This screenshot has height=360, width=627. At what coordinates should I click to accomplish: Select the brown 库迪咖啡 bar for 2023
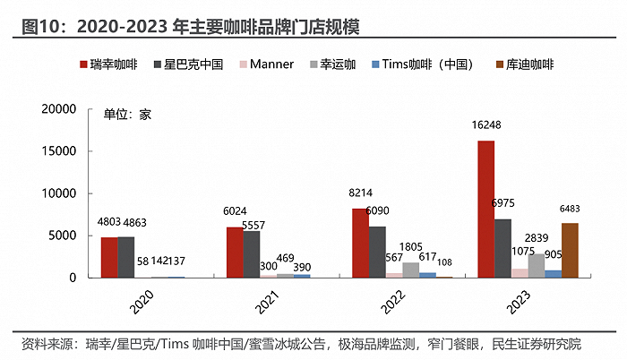coord(570,250)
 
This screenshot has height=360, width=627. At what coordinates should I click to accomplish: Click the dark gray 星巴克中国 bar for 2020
coord(125,257)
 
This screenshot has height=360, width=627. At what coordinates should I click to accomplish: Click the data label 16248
coord(486,127)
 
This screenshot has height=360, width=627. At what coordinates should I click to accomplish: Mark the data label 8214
coord(357,193)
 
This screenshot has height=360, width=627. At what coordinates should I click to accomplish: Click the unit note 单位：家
coord(127,115)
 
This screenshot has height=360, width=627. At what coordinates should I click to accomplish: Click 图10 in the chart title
coord(32,27)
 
